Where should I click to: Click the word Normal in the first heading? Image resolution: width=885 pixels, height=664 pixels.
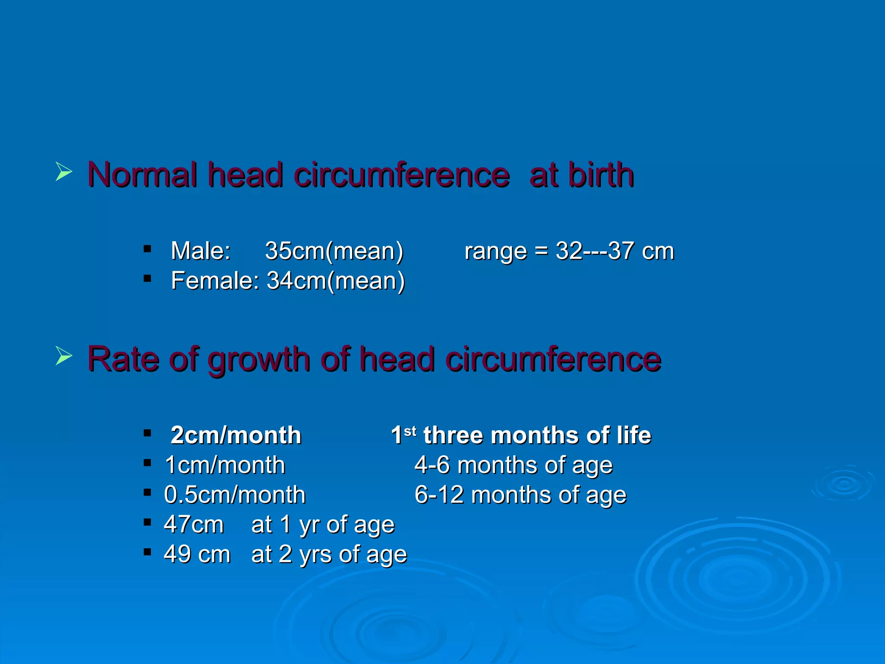pyautogui.click(x=142, y=175)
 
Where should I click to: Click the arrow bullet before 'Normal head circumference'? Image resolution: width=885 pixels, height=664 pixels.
pyautogui.click(x=64, y=172)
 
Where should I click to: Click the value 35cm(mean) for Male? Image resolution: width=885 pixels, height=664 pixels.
pyautogui.click(x=334, y=251)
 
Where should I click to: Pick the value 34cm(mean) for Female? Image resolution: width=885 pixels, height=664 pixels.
pyautogui.click(x=336, y=281)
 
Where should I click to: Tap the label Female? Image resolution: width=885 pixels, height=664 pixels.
pyautogui.click(x=215, y=281)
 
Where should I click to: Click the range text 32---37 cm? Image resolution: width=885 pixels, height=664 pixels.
pyautogui.click(x=614, y=251)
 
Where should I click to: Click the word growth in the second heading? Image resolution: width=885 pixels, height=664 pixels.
pyautogui.click(x=258, y=360)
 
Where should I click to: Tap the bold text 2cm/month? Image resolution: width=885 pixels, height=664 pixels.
pyautogui.click(x=236, y=435)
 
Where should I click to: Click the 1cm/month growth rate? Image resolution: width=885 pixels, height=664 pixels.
pyautogui.click(x=225, y=466)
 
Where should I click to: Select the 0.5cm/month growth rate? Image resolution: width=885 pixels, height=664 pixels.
pyautogui.click(x=235, y=495)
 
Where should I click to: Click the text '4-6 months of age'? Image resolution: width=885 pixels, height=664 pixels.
pyautogui.click(x=513, y=466)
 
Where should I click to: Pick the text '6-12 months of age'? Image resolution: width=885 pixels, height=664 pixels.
pyautogui.click(x=520, y=495)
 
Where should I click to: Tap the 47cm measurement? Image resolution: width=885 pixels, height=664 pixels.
pyautogui.click(x=194, y=525)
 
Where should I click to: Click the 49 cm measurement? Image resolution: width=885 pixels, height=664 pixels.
pyautogui.click(x=197, y=554)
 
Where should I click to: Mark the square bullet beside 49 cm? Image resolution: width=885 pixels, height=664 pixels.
pyautogui.click(x=147, y=552)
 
